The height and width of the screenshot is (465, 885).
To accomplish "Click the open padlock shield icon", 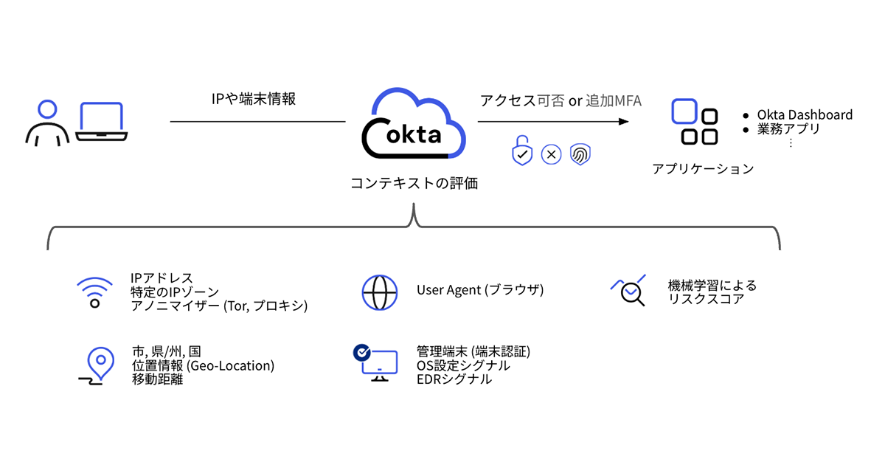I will click(x=522, y=151).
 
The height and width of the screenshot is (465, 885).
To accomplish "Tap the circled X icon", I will click(x=552, y=154).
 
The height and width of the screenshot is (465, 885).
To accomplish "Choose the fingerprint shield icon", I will click(x=581, y=154).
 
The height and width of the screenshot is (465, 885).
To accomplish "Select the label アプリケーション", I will click(x=703, y=169).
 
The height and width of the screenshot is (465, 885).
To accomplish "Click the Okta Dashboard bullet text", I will click(x=805, y=115).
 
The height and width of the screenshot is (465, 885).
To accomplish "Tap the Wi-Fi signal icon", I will click(x=95, y=292).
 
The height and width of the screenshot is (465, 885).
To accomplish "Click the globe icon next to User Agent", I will click(x=381, y=292).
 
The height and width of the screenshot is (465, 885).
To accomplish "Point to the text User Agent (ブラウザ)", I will click(x=480, y=290).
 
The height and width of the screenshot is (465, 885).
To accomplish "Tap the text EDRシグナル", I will click(x=454, y=379).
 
